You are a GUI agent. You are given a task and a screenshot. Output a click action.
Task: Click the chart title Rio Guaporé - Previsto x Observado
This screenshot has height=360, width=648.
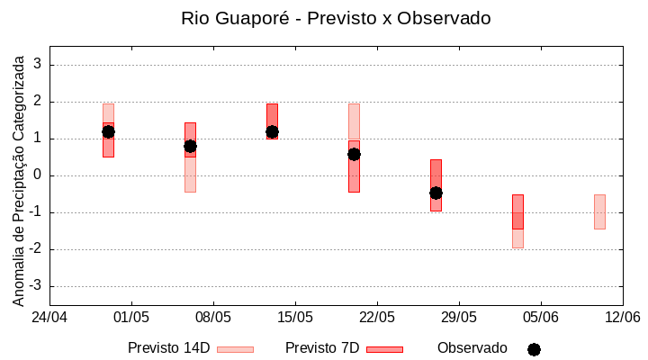(336, 18)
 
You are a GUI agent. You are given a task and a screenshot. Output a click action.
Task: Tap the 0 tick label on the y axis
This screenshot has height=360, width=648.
(38, 175)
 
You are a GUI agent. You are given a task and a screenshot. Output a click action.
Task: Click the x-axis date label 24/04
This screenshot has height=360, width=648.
(49, 317)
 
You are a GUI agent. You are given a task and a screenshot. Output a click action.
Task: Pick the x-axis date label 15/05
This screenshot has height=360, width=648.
(294, 317)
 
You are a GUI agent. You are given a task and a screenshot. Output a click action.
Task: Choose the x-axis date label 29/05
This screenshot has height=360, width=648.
(458, 317)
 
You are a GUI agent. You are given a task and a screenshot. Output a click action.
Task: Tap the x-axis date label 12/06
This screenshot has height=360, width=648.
(622, 317)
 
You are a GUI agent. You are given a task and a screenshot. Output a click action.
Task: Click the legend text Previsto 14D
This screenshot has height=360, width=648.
(168, 348)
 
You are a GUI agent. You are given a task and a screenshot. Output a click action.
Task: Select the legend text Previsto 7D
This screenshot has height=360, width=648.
(322, 348)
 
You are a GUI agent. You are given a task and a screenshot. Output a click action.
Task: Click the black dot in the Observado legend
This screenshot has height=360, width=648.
(534, 349)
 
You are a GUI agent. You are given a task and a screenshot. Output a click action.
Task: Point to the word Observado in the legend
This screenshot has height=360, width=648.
(472, 348)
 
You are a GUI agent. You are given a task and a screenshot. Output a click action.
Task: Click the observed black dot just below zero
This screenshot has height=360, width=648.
(436, 193)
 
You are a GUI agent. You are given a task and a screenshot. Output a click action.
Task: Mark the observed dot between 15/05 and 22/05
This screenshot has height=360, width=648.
(354, 154)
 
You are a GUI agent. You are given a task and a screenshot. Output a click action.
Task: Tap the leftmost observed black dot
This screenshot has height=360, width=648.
(108, 131)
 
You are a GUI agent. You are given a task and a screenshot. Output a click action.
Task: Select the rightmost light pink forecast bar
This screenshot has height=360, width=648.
(599, 211)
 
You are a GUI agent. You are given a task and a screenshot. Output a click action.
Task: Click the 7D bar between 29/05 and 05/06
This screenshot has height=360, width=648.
(517, 211)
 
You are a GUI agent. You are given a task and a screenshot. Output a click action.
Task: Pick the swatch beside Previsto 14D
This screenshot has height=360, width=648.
(235, 349)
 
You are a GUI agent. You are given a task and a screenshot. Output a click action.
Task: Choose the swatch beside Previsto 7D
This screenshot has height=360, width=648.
(384, 349)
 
